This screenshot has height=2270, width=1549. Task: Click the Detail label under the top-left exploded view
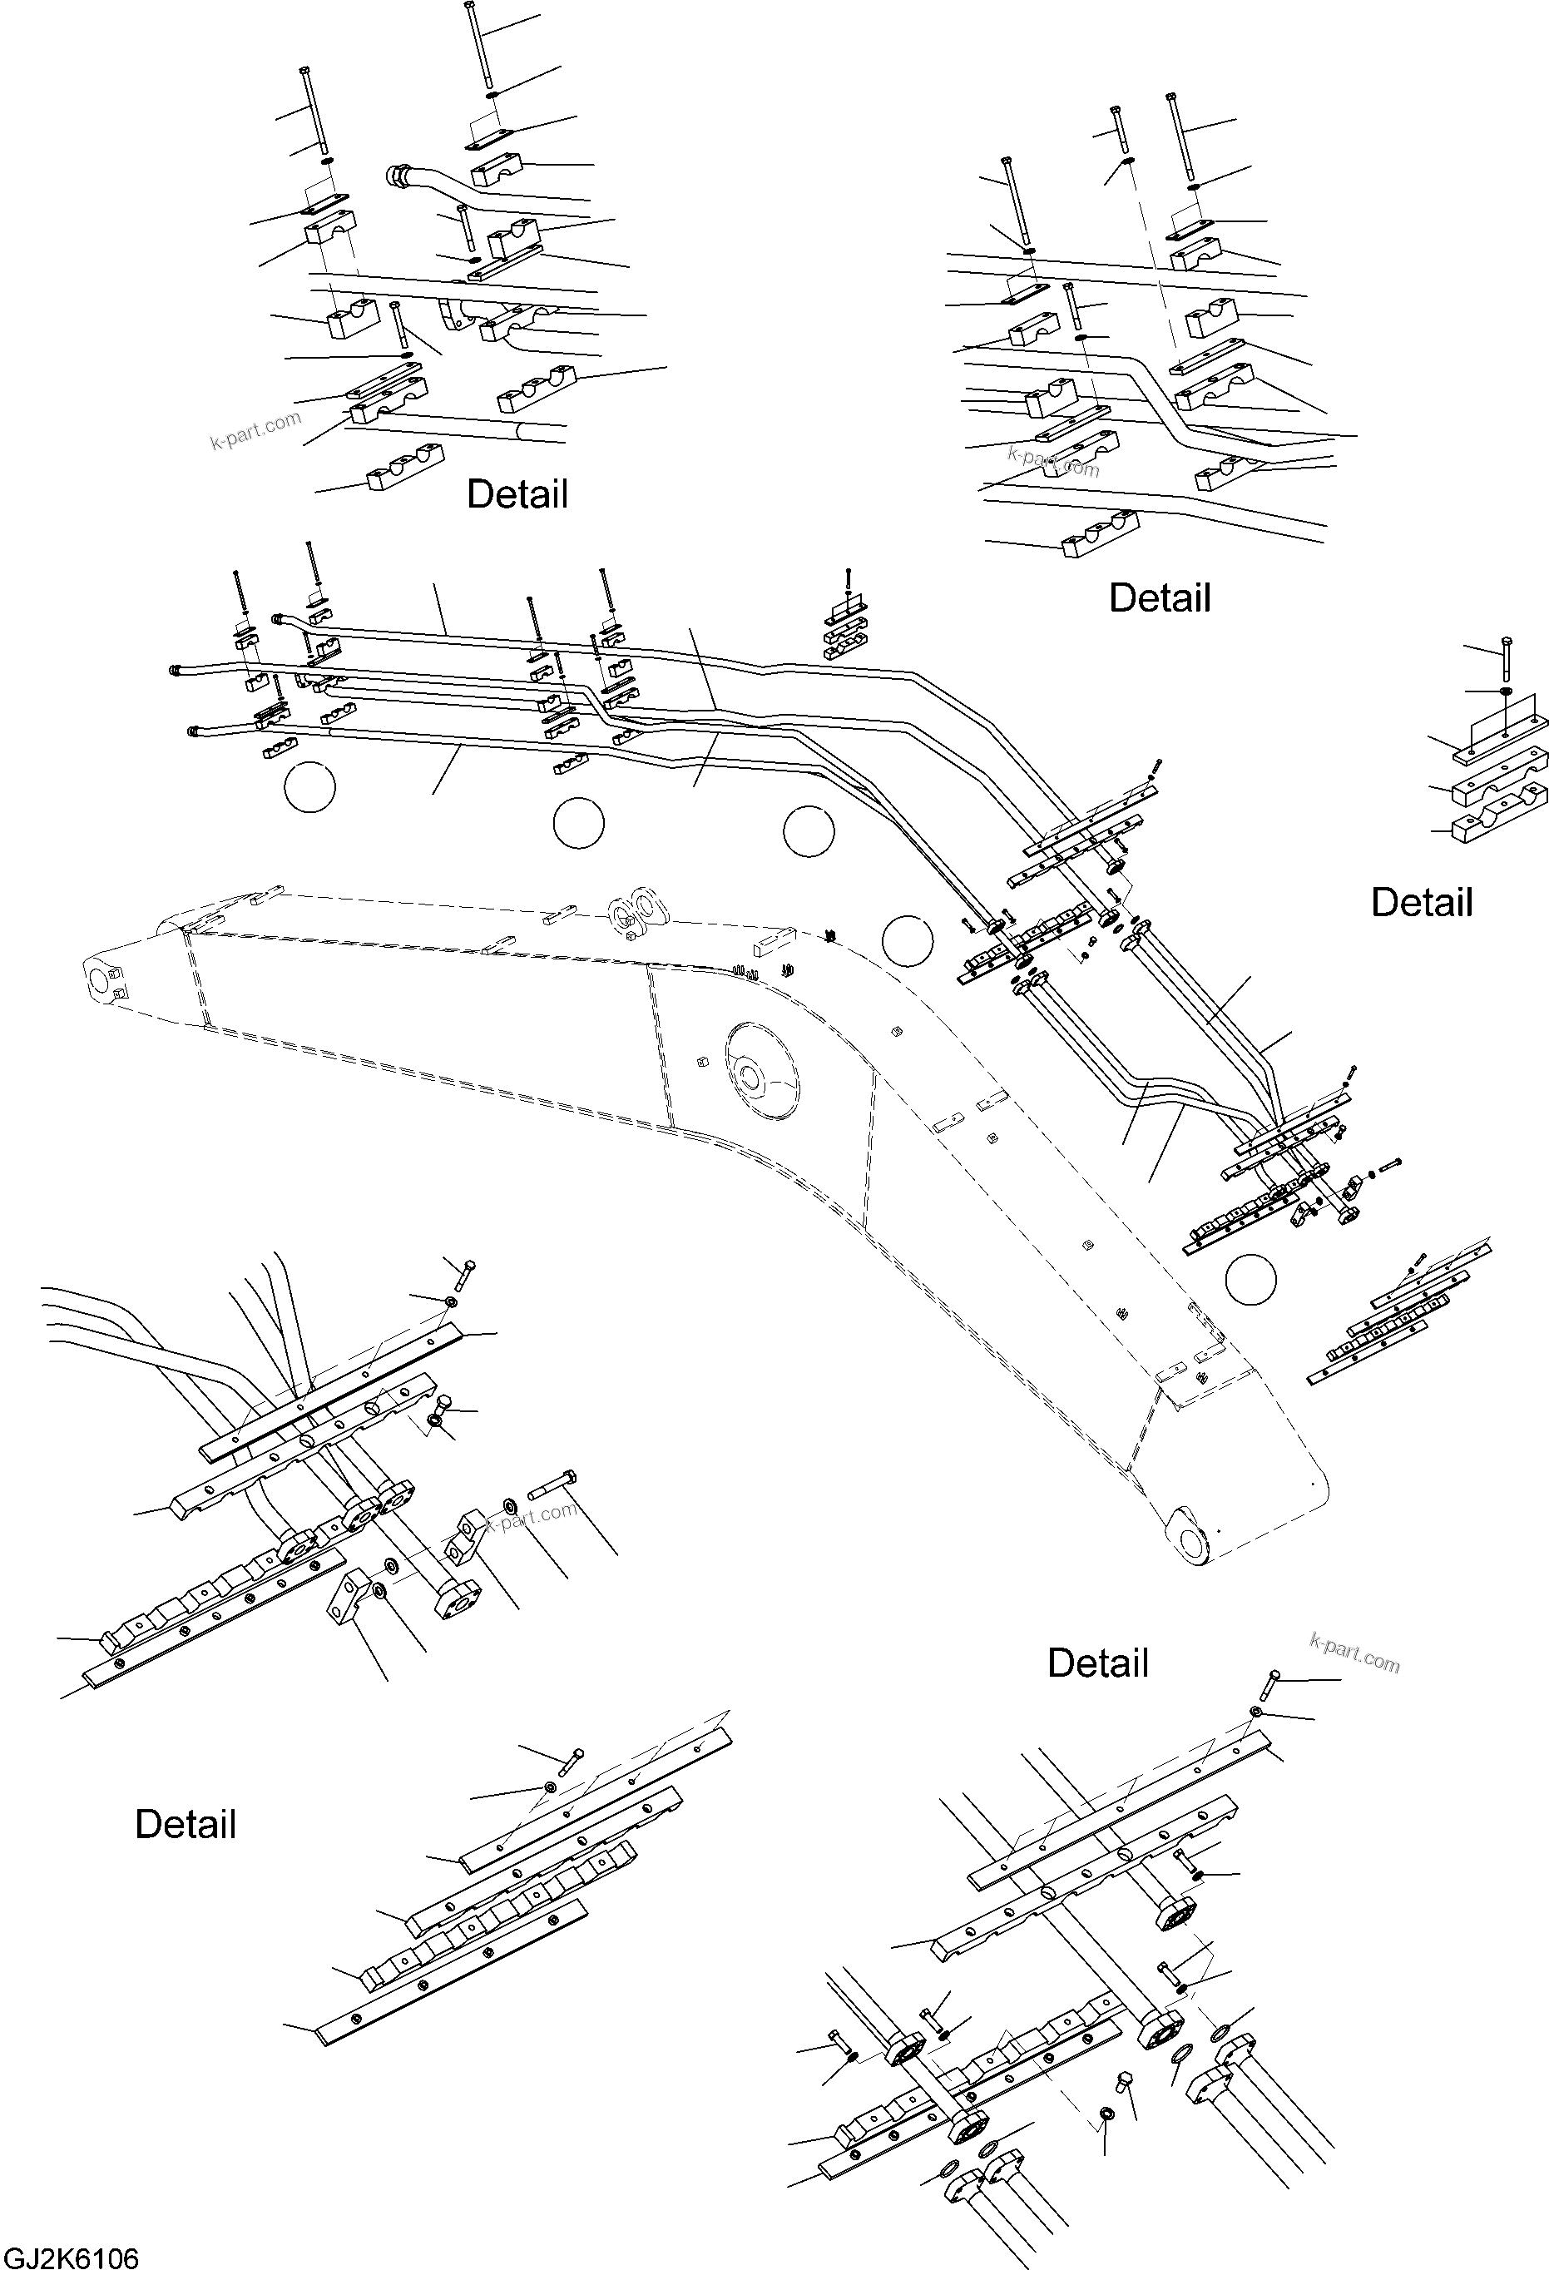517,494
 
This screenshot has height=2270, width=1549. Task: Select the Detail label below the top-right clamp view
1160,597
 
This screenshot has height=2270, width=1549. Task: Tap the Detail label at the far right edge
1421,903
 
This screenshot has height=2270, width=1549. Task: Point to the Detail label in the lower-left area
186,1824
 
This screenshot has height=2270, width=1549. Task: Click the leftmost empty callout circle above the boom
309,786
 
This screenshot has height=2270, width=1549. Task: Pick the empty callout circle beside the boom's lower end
1250,1277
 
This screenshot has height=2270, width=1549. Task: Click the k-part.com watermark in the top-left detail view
256,431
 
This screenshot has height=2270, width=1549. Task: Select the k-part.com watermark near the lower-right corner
1354,1653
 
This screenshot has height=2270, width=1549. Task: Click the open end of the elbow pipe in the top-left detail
398,176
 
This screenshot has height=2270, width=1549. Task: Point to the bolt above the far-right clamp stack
1505,661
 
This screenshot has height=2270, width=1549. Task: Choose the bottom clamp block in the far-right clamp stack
1498,821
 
